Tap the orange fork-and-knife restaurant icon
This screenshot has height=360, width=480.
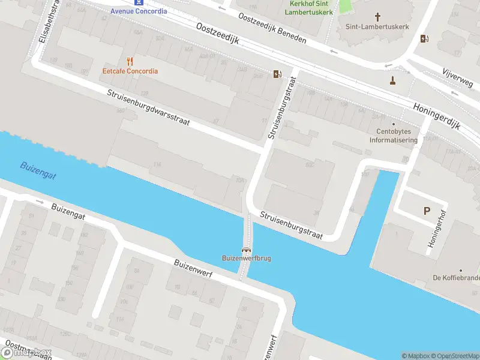coord(130,61)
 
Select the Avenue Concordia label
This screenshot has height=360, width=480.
coord(139,11)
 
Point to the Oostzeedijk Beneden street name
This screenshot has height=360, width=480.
coord(272,28)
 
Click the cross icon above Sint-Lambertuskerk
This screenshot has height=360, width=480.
coord(377,17)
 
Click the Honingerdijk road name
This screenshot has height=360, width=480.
coord(436,116)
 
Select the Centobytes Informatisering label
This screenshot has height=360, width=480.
coord(393,136)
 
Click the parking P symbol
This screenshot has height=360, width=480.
coord(427,211)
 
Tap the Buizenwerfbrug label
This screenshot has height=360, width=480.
coord(246,259)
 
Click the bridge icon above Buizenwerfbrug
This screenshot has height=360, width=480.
coord(246,250)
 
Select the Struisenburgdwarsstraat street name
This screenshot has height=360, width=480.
coord(149,108)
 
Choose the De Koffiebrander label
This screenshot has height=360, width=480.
coord(456,278)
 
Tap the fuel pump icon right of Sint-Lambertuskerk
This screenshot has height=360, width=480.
coord(425,39)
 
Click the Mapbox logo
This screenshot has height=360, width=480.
coord(26,353)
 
